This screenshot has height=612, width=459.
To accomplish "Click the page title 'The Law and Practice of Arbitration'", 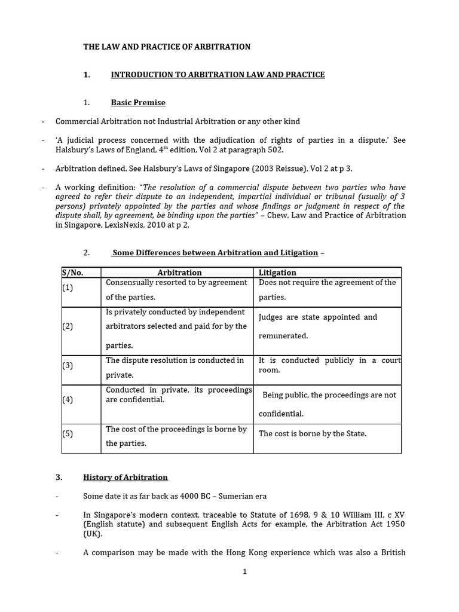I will tap(167, 47).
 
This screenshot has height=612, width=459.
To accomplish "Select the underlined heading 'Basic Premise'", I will tap(138, 102).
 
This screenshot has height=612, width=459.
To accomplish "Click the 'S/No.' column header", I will tap(72, 273).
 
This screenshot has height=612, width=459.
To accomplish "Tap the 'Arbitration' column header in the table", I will tap(179, 273).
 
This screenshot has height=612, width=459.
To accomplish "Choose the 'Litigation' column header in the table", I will tap(278, 273).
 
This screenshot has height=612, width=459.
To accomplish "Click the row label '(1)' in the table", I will tap(68, 288).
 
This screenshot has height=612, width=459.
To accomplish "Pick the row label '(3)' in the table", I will tap(68, 366).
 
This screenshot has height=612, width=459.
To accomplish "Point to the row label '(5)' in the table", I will tap(68, 434).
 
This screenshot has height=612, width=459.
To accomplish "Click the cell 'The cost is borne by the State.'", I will tap(313, 434).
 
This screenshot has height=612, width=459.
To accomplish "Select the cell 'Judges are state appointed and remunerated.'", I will tap(317, 326).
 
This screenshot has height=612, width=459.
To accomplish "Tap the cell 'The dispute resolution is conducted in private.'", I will tap(175, 368).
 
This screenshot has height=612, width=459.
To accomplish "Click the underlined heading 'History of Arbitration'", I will tap(126, 478).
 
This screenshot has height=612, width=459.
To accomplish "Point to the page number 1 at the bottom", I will tap(244, 571).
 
